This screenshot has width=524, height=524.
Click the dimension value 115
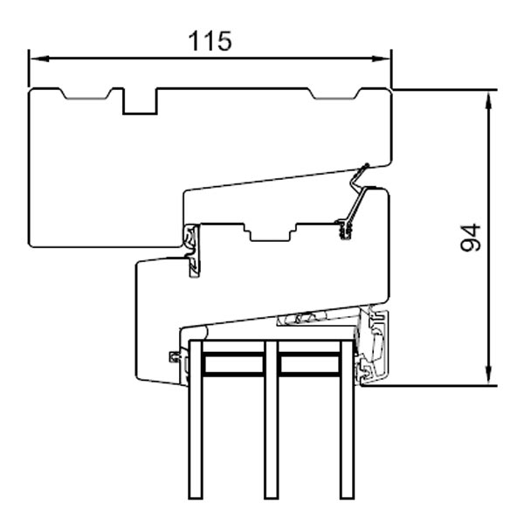tap(210, 40)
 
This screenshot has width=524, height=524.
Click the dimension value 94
tap(471, 237)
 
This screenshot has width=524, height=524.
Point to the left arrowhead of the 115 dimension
tap(34, 59)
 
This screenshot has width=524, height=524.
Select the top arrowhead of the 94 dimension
tap(487, 94)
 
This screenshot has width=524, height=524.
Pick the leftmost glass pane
tap(195, 419)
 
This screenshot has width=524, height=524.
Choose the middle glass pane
tap(271, 419)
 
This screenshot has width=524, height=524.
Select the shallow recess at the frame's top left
tap(83, 93)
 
